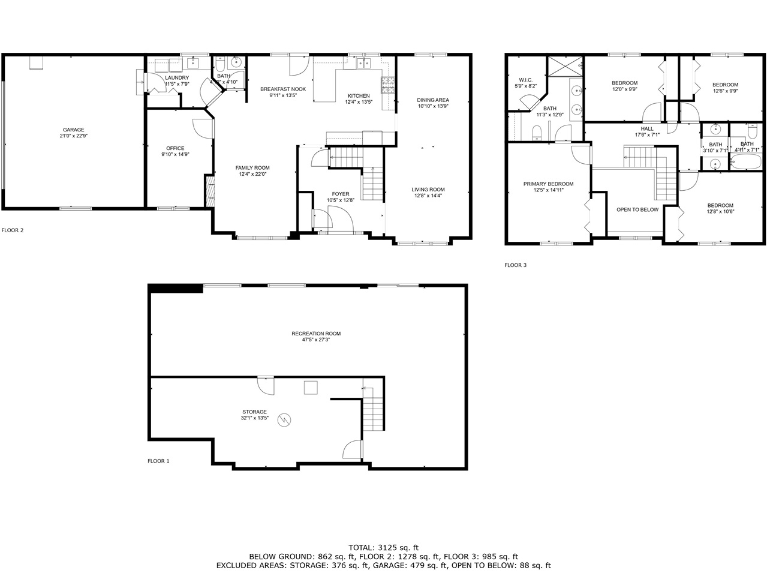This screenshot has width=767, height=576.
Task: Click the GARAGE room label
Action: (74, 130)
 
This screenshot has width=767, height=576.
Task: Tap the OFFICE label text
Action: (175, 148)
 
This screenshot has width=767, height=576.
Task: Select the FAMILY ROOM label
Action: (252, 168)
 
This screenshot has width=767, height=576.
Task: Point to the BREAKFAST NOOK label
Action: (283, 89)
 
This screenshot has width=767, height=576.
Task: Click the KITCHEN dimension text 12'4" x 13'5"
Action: (359, 102)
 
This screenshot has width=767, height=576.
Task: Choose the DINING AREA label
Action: (433, 100)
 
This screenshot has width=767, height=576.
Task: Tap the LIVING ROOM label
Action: (428, 190)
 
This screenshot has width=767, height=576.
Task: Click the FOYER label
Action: (341, 194)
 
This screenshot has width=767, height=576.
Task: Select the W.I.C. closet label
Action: (525, 80)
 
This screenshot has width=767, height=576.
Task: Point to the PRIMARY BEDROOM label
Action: (548, 184)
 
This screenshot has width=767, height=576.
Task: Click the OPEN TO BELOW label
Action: (637, 209)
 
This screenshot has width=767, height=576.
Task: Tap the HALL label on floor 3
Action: (647, 128)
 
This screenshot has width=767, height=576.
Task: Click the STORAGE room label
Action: (255, 412)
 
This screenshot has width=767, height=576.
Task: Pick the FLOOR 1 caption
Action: (158, 461)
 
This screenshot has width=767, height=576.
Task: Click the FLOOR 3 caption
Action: (515, 265)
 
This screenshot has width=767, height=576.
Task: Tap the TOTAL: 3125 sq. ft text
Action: (383, 547)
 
